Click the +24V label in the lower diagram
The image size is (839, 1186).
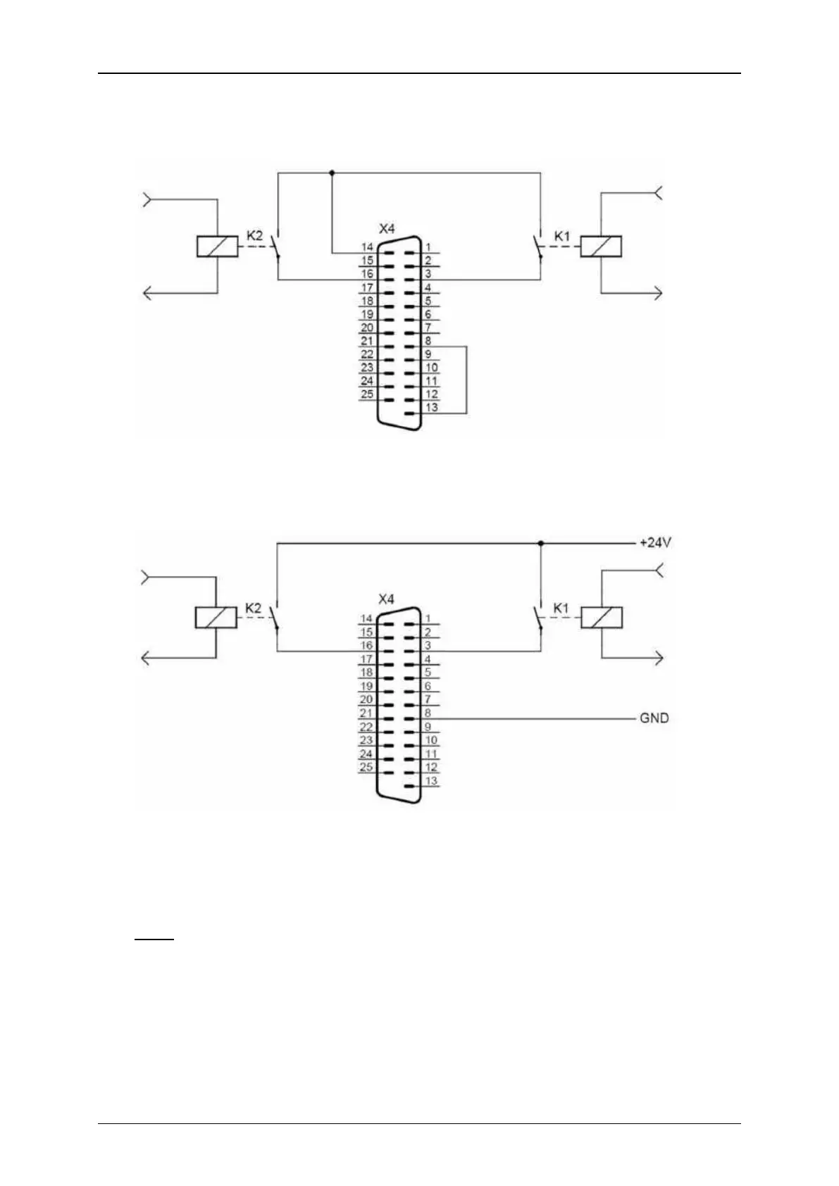tap(654, 543)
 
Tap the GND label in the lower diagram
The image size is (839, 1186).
tap(654, 718)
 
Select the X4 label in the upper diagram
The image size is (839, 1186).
tap(387, 229)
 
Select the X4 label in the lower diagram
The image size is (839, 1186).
tap(386, 599)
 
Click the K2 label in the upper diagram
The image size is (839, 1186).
tap(254, 235)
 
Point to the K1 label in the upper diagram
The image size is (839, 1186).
tap(561, 236)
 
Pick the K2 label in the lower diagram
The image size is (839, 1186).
tap(253, 607)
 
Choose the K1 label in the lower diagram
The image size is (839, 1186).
tap(561, 607)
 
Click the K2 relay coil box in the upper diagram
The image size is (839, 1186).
tap(217, 246)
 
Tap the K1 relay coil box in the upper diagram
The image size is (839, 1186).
tap(601, 246)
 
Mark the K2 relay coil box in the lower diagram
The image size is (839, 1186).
tap(216, 618)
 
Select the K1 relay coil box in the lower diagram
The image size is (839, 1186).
tap(601, 618)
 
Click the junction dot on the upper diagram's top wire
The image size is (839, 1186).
tap(332, 173)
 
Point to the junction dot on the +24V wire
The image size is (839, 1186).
tap(540, 544)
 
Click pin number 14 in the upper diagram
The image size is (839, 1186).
tap(367, 247)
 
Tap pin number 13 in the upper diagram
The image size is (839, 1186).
tap(431, 407)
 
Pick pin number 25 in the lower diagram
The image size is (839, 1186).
tap(366, 767)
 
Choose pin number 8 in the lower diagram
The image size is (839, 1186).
tap(427, 713)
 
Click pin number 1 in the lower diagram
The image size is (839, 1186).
tap(427, 619)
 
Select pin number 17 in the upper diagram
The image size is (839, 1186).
tap(367, 287)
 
